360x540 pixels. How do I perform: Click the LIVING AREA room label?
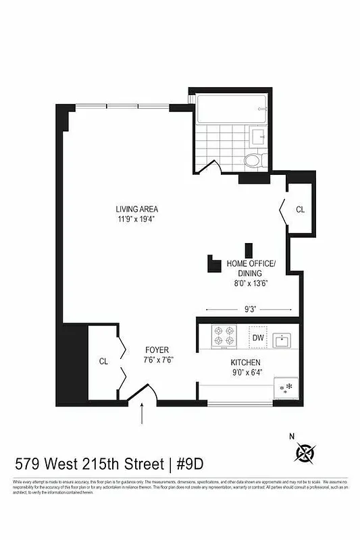(136, 209)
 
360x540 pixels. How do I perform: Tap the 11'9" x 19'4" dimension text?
(136, 219)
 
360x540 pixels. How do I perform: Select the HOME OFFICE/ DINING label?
(251, 268)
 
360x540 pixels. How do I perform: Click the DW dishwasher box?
(257, 337)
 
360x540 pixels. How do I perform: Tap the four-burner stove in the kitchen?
(224, 337)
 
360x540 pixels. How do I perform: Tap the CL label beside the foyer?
(103, 361)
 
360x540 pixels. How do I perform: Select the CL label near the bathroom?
(300, 210)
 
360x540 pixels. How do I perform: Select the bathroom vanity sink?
(258, 138)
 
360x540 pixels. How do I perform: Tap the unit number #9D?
(189, 464)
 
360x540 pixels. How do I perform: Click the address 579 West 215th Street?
(89, 464)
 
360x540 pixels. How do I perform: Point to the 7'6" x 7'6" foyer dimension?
(159, 360)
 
